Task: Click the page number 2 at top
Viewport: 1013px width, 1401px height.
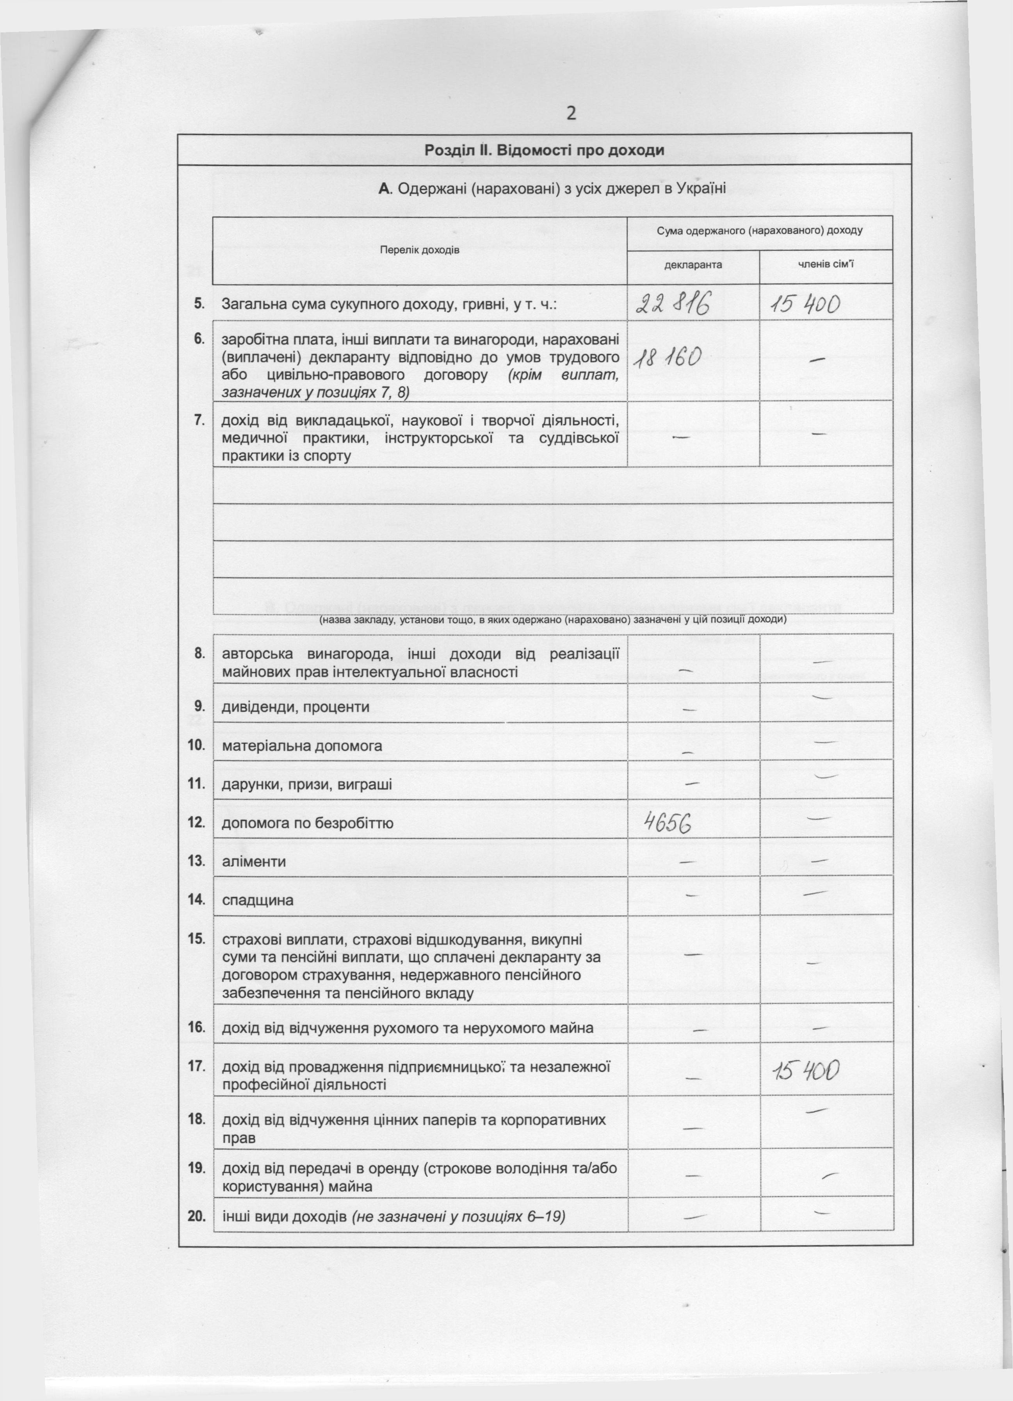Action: click(x=571, y=114)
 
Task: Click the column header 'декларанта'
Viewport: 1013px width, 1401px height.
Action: click(x=693, y=266)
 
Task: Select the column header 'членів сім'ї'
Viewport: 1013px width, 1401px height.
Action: click(x=825, y=266)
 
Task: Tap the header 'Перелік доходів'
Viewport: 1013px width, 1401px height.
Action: click(x=419, y=250)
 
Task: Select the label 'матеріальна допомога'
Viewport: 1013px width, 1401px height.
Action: click(x=301, y=745)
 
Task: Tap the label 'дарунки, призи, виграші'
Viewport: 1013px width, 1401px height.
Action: click(x=307, y=784)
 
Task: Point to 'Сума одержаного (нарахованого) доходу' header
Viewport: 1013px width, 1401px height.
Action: click(x=759, y=231)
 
